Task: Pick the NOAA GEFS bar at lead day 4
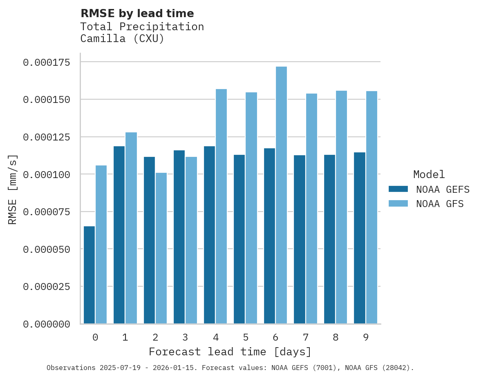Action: click(209, 235)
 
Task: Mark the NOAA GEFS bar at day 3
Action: click(179, 237)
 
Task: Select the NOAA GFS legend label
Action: click(440, 204)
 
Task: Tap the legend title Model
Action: click(429, 175)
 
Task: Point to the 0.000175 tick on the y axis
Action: click(47, 62)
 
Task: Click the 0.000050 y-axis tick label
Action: click(47, 249)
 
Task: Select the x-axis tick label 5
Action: click(245, 337)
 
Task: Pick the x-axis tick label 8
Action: click(336, 337)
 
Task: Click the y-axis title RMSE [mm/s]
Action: click(13, 189)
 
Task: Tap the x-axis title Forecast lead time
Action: click(230, 352)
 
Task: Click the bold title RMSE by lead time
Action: click(137, 13)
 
